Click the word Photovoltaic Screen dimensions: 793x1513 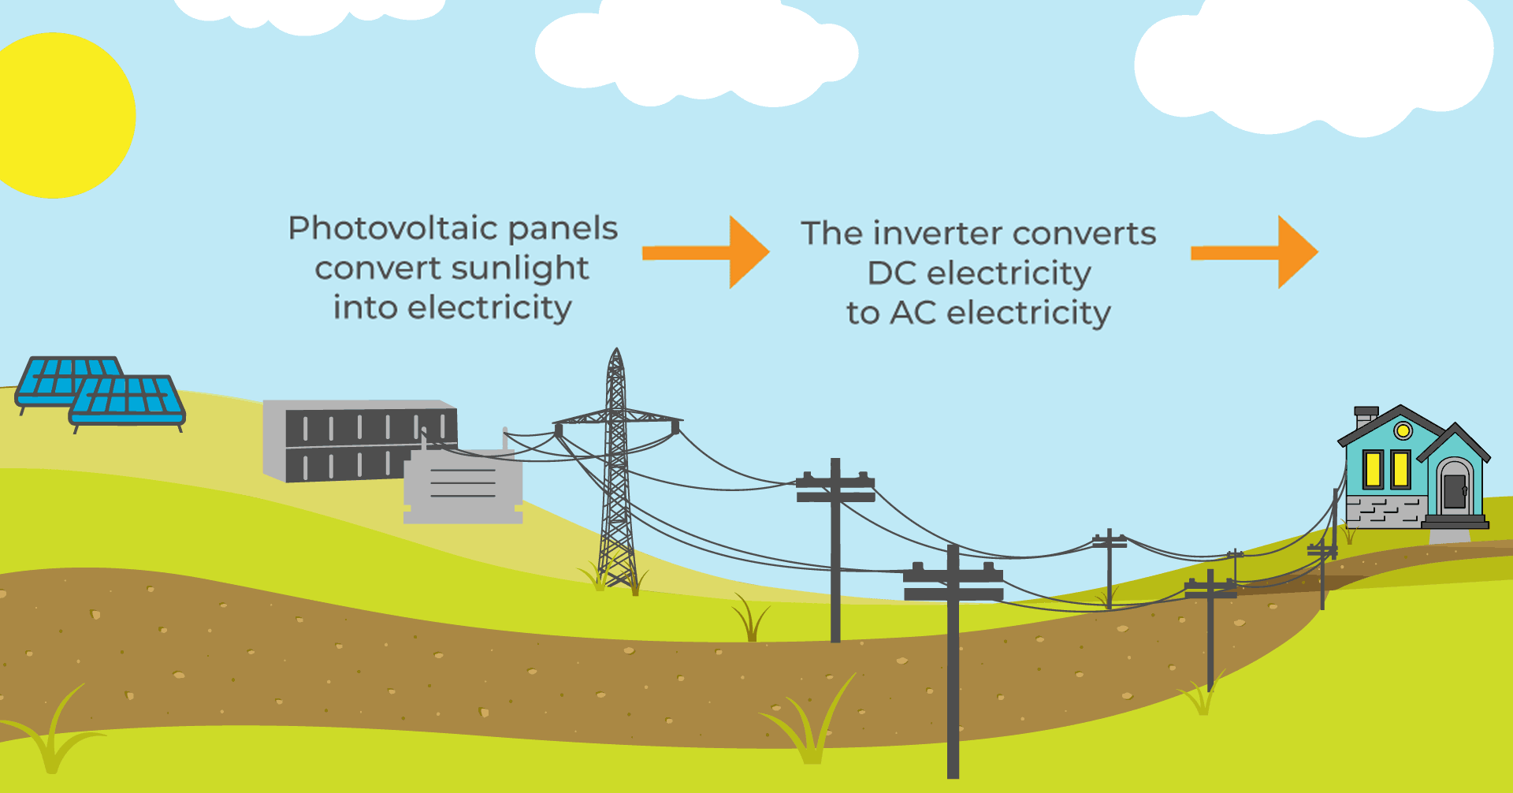(x=392, y=229)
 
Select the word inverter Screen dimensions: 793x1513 (x=937, y=233)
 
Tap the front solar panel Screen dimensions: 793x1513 (x=126, y=400)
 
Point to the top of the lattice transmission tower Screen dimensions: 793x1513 (x=616, y=355)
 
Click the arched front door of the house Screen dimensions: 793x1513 (x=1454, y=489)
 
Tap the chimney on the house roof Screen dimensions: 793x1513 (x=1366, y=415)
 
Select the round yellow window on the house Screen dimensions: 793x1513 (x=1403, y=430)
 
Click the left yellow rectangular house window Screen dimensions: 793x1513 (x=1374, y=469)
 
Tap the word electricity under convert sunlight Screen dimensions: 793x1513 (x=489, y=308)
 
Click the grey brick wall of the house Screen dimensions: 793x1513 (x=1383, y=511)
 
